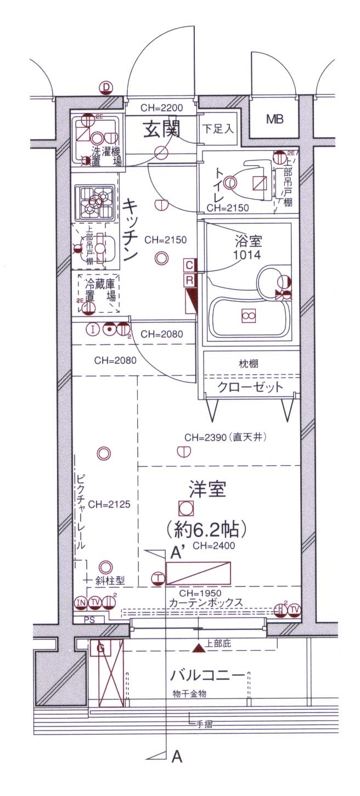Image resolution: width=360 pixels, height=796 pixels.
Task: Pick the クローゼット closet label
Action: tap(251, 387)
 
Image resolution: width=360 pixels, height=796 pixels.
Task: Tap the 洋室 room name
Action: tap(207, 488)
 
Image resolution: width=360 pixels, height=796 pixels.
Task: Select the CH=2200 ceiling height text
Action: tap(160, 108)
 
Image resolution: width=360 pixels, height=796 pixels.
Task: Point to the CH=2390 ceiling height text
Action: tap(225, 437)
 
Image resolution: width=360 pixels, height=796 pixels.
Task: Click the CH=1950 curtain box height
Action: tap(199, 594)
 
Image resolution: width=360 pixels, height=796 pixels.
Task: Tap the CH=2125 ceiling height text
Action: tap(109, 505)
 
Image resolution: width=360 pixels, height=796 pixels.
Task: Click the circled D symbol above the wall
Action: tap(105, 87)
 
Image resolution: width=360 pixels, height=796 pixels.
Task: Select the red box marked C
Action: tap(189, 266)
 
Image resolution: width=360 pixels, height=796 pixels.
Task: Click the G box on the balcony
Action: tap(100, 648)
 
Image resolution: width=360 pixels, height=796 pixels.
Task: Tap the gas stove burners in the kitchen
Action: tap(95, 202)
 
